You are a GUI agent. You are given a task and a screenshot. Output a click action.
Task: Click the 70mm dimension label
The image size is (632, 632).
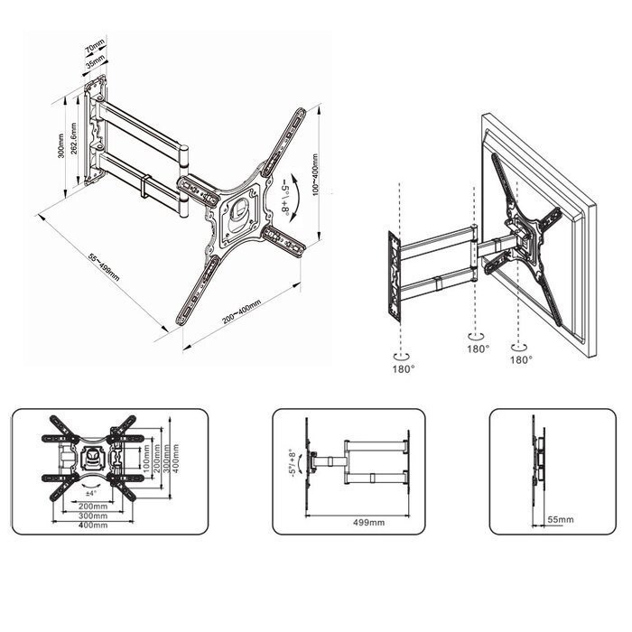tap(95, 45)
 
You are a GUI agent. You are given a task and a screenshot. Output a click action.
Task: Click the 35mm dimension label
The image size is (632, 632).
tap(95, 61)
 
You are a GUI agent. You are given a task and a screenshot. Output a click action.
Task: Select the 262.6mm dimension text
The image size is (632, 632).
tap(73, 139)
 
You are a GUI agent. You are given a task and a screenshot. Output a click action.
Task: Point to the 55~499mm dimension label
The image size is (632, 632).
tap(104, 267)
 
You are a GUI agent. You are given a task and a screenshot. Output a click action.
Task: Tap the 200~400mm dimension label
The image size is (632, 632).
tap(241, 311)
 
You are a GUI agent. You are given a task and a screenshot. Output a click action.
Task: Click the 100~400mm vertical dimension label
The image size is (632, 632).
tap(315, 174)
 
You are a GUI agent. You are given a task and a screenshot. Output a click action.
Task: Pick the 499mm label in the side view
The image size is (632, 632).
tap(368, 523)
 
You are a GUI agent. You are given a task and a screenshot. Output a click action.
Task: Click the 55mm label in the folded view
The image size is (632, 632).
tap(561, 519)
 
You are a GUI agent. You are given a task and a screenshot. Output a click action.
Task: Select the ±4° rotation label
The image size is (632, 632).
tap(91, 493)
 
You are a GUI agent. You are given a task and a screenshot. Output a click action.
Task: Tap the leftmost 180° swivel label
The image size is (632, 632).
tap(404, 368)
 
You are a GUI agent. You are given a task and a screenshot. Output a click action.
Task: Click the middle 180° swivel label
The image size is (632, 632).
tap(478, 349)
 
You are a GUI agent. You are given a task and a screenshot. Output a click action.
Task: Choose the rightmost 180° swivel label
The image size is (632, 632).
tap(521, 359)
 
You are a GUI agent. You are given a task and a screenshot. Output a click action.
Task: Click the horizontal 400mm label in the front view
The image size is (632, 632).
tap(93, 525)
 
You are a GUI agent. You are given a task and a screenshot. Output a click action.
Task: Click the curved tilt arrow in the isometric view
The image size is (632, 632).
tap(297, 197)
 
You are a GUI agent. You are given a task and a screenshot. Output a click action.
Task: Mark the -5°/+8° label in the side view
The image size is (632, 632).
tap(293, 463)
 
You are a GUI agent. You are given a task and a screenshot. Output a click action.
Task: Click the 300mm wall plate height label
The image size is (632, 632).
tap(60, 146)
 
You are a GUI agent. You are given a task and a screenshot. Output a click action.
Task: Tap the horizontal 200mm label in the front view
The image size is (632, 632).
tap(93, 507)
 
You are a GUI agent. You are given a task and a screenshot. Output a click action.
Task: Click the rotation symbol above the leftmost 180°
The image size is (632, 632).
tap(401, 357)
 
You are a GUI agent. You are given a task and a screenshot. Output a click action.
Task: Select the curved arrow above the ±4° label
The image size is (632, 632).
tap(91, 482)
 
